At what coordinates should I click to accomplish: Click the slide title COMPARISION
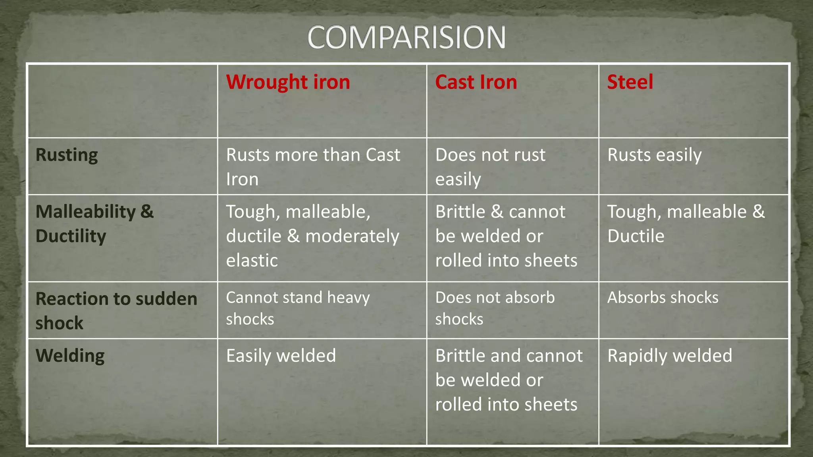[406, 37]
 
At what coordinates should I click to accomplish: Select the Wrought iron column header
[288, 82]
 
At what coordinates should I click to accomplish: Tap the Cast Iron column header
[476, 82]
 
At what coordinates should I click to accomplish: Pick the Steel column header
[630, 82]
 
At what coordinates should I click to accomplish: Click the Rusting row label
[67, 155]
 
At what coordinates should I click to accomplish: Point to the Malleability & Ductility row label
[94, 224]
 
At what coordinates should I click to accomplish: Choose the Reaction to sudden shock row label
[116, 311]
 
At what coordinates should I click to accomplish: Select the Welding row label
[70, 355]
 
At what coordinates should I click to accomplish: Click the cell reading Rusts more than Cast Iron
[313, 167]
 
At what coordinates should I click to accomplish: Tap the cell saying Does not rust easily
[490, 167]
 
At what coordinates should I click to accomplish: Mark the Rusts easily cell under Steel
[654, 155]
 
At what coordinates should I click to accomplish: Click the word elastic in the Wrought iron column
[252, 261]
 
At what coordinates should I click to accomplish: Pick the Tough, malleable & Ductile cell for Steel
[686, 224]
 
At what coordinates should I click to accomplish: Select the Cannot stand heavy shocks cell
[298, 308]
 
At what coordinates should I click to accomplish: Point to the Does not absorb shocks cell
[495, 308]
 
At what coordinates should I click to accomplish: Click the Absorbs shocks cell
[663, 298]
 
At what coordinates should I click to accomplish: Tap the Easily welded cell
[281, 355]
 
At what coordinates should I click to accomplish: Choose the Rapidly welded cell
[669, 355]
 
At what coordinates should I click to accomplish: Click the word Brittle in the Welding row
[460, 355]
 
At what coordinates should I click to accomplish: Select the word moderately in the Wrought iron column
[352, 236]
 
